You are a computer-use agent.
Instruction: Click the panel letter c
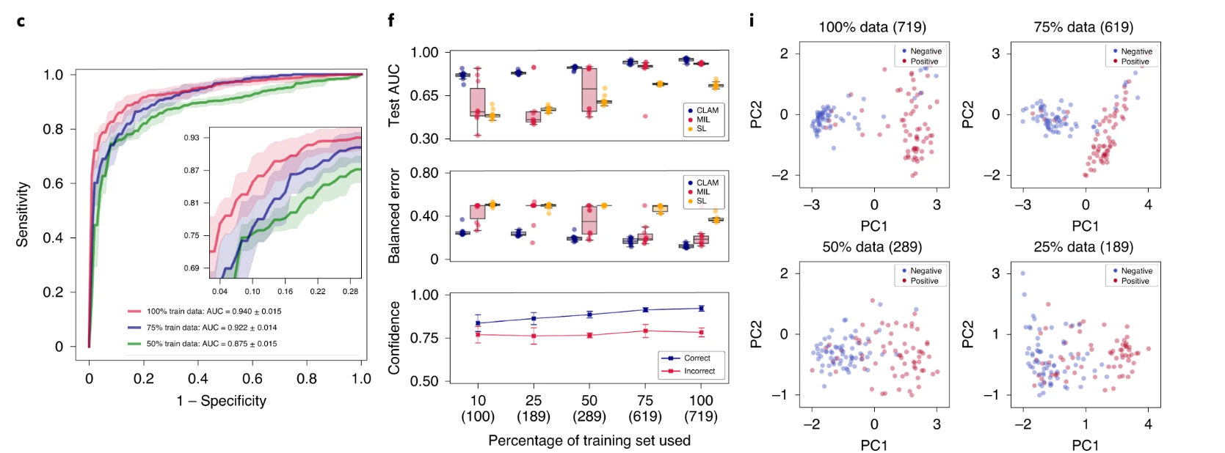[x=21, y=22]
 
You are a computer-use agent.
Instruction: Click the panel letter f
[x=390, y=21]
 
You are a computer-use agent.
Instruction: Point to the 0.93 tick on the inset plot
[x=192, y=138]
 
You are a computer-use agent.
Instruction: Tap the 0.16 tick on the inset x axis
[x=285, y=292]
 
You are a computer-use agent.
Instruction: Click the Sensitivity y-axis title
[x=23, y=214]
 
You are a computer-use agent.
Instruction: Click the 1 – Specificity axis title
[x=221, y=401]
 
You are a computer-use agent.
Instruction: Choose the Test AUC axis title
[x=394, y=95]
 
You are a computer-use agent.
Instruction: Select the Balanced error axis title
[x=394, y=216]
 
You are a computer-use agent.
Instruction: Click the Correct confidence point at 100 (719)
[x=701, y=309]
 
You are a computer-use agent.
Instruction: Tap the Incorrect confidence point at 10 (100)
[x=478, y=335]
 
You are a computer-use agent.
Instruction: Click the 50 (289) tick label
[x=589, y=408]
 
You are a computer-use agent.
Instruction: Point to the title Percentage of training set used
[x=589, y=441]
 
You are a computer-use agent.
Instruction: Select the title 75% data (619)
[x=1083, y=27]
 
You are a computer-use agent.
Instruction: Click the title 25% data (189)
[x=1083, y=247]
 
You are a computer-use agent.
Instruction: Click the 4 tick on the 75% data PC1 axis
[x=1148, y=205]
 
